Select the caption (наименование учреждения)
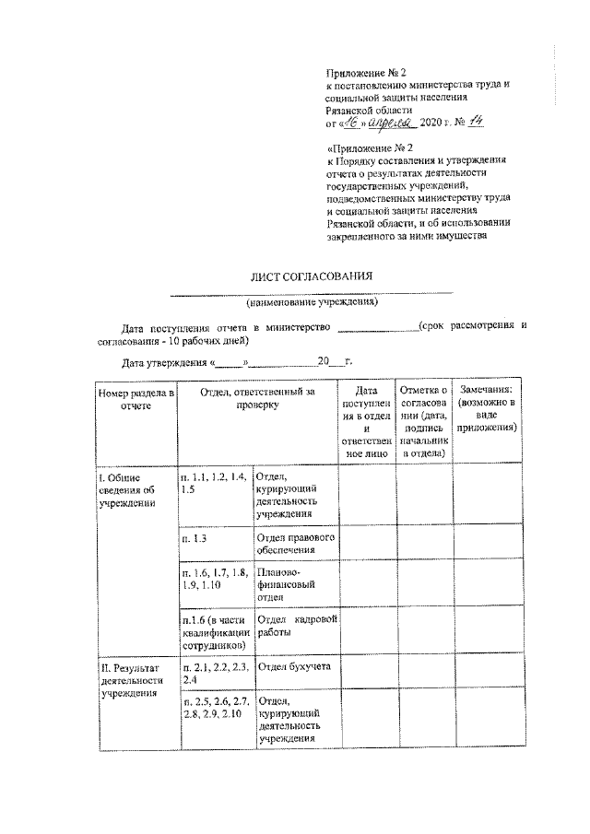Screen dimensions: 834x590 (312, 301)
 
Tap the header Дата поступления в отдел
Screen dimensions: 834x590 (365, 422)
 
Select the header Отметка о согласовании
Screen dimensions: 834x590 (424, 422)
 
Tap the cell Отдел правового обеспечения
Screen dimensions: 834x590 (295, 544)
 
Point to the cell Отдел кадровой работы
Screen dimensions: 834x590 (295, 626)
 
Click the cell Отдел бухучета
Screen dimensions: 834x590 (295, 666)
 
